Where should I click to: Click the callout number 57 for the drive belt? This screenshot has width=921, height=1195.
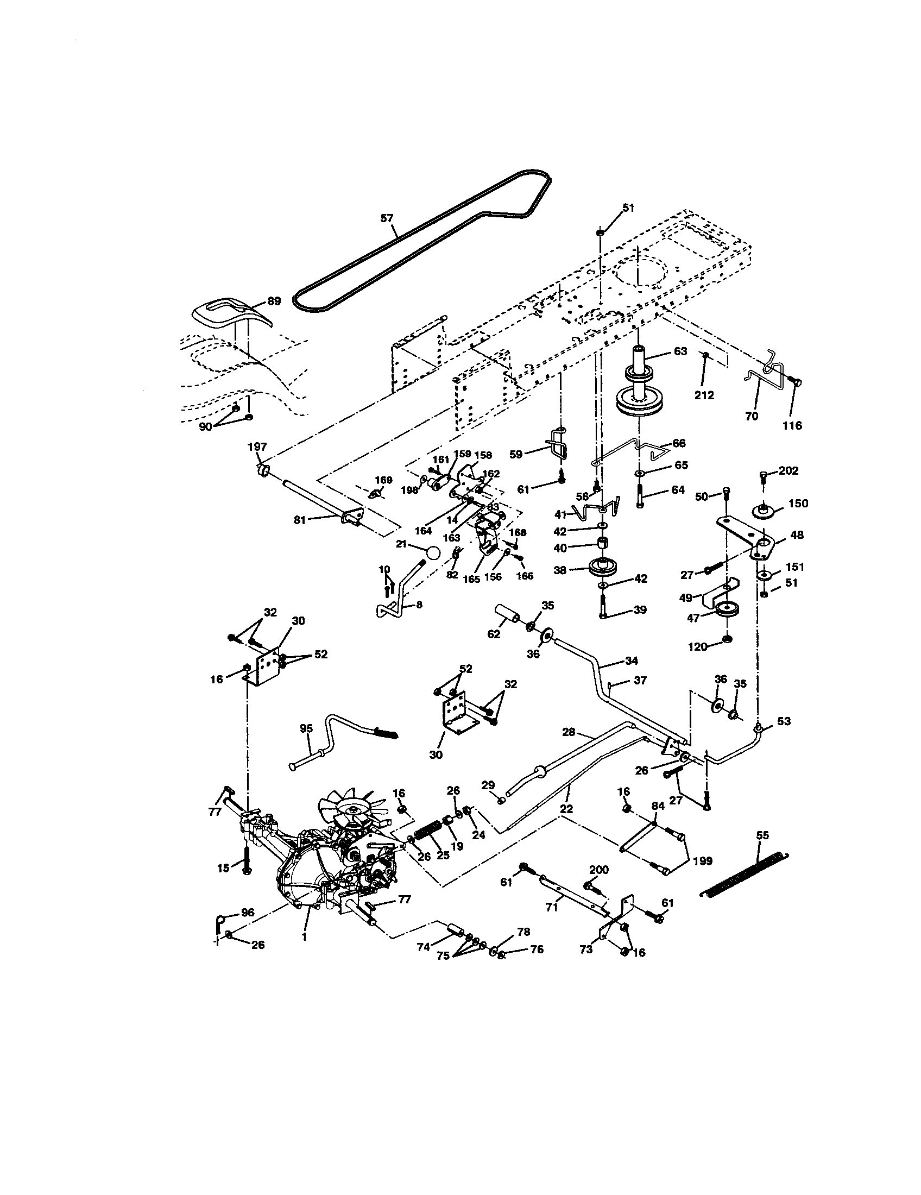387,218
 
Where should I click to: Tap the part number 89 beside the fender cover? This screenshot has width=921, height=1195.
274,300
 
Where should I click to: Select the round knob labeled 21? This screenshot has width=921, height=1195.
433,552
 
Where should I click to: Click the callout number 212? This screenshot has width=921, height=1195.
704,395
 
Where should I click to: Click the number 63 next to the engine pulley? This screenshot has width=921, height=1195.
680,351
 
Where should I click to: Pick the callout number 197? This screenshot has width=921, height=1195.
256,447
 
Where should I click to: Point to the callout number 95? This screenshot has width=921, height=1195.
307,728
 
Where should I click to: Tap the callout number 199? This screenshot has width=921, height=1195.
702,861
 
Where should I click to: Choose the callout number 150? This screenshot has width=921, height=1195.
798,503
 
